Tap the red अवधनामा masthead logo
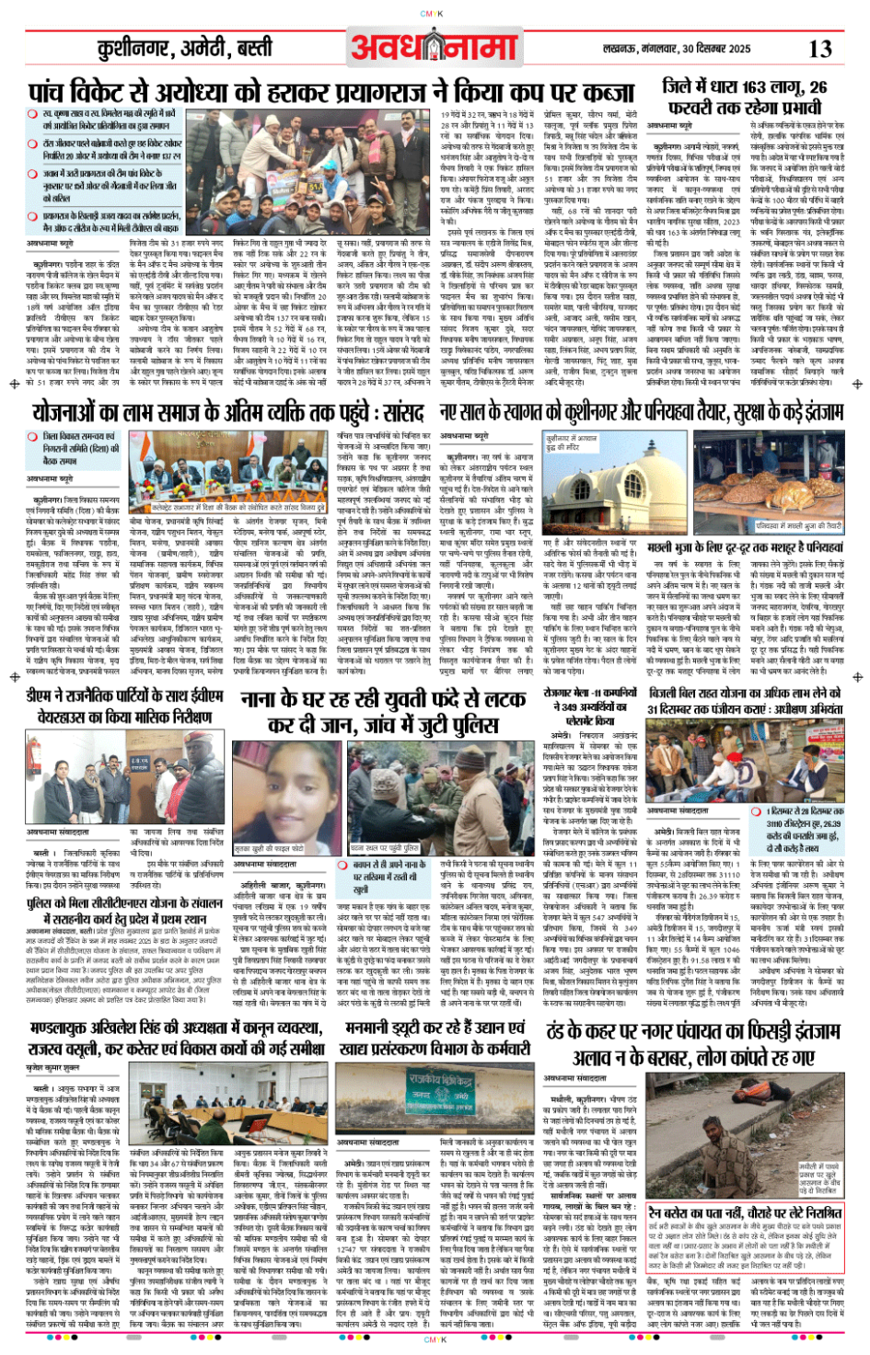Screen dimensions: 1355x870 [x=432, y=46]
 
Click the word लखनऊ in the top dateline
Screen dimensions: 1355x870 [x=622, y=49]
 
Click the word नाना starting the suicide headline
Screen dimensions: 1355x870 [x=266, y=701]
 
